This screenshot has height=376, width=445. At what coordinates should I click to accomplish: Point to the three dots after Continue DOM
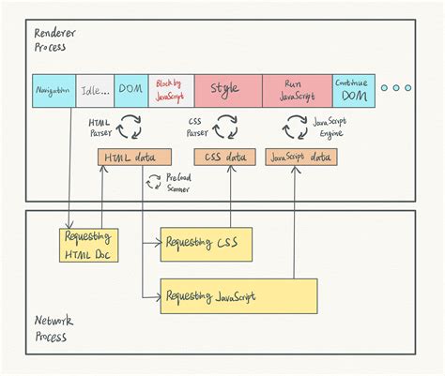(395, 88)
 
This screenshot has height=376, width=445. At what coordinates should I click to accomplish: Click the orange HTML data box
(134, 158)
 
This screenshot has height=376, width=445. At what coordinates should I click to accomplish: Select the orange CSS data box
(225, 158)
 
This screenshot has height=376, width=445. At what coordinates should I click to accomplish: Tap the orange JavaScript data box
(299, 158)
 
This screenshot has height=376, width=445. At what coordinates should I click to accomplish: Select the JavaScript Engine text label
(332, 126)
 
